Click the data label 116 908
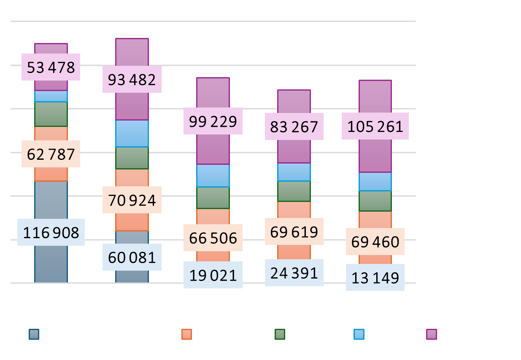point(51,232)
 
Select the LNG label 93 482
point(132,79)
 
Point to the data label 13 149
point(375,278)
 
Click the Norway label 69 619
point(294,231)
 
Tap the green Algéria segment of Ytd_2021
point(51,114)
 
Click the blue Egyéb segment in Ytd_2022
point(132,133)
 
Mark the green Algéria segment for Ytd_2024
point(294,191)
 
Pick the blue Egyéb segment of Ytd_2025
point(375,182)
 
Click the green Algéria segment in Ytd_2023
point(213,198)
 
